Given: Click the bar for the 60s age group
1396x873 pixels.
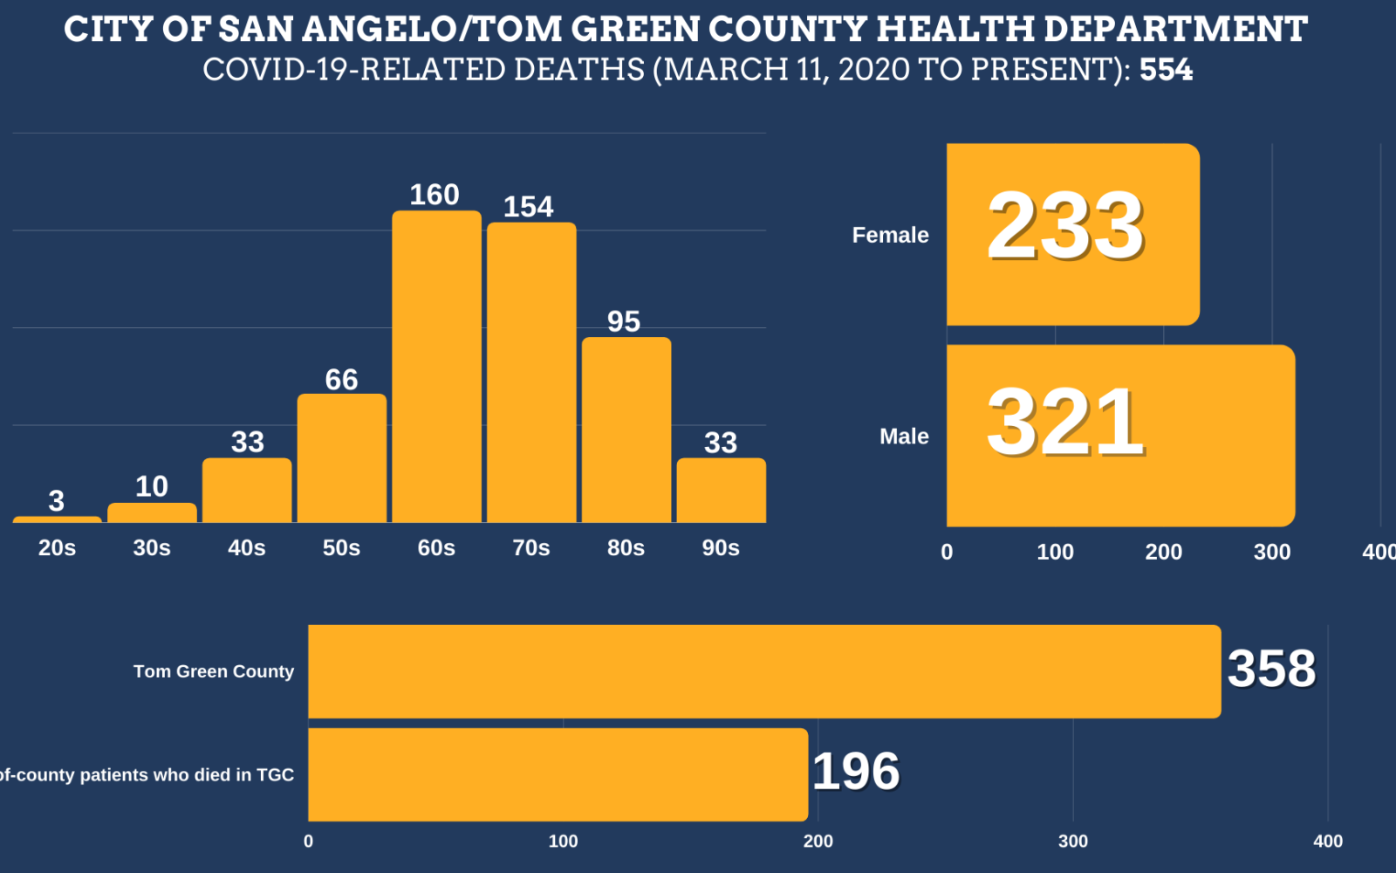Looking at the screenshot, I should pyautogui.click(x=436, y=367).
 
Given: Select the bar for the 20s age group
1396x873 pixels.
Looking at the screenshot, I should pyautogui.click(x=57, y=519).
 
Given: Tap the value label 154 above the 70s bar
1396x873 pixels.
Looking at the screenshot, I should pyautogui.click(x=528, y=207).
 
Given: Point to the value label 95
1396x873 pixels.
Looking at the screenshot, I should pyautogui.click(x=624, y=322).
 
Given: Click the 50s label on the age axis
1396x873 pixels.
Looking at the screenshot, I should pyautogui.click(x=341, y=548).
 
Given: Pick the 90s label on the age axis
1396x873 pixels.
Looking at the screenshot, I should pyautogui.click(x=721, y=548).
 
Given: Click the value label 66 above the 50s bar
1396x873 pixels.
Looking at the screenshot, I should pyautogui.click(x=341, y=380).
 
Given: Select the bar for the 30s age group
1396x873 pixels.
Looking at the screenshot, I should pyautogui.click(x=152, y=512).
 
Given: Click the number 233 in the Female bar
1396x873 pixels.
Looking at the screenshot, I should pyautogui.click(x=1065, y=227).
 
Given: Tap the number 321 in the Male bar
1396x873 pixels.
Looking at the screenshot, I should pyautogui.click(x=1065, y=423).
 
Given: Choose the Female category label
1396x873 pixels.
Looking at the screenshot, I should pyautogui.click(x=890, y=235).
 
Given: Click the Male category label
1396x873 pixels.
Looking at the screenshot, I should pyautogui.click(x=904, y=436).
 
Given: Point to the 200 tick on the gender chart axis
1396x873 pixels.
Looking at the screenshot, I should pyautogui.click(x=1163, y=552).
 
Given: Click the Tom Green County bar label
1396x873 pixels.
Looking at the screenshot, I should pyautogui.click(x=214, y=671).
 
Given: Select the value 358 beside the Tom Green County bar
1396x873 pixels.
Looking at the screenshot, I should pyautogui.click(x=1271, y=670).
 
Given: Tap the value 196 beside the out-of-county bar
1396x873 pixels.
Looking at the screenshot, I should pyautogui.click(x=856, y=772).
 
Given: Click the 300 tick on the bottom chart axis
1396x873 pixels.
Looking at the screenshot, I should pyautogui.click(x=1072, y=842).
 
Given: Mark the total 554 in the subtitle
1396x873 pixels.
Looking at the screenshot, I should pyautogui.click(x=1166, y=70).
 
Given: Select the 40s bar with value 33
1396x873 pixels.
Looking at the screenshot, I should pyautogui.click(x=247, y=491).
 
